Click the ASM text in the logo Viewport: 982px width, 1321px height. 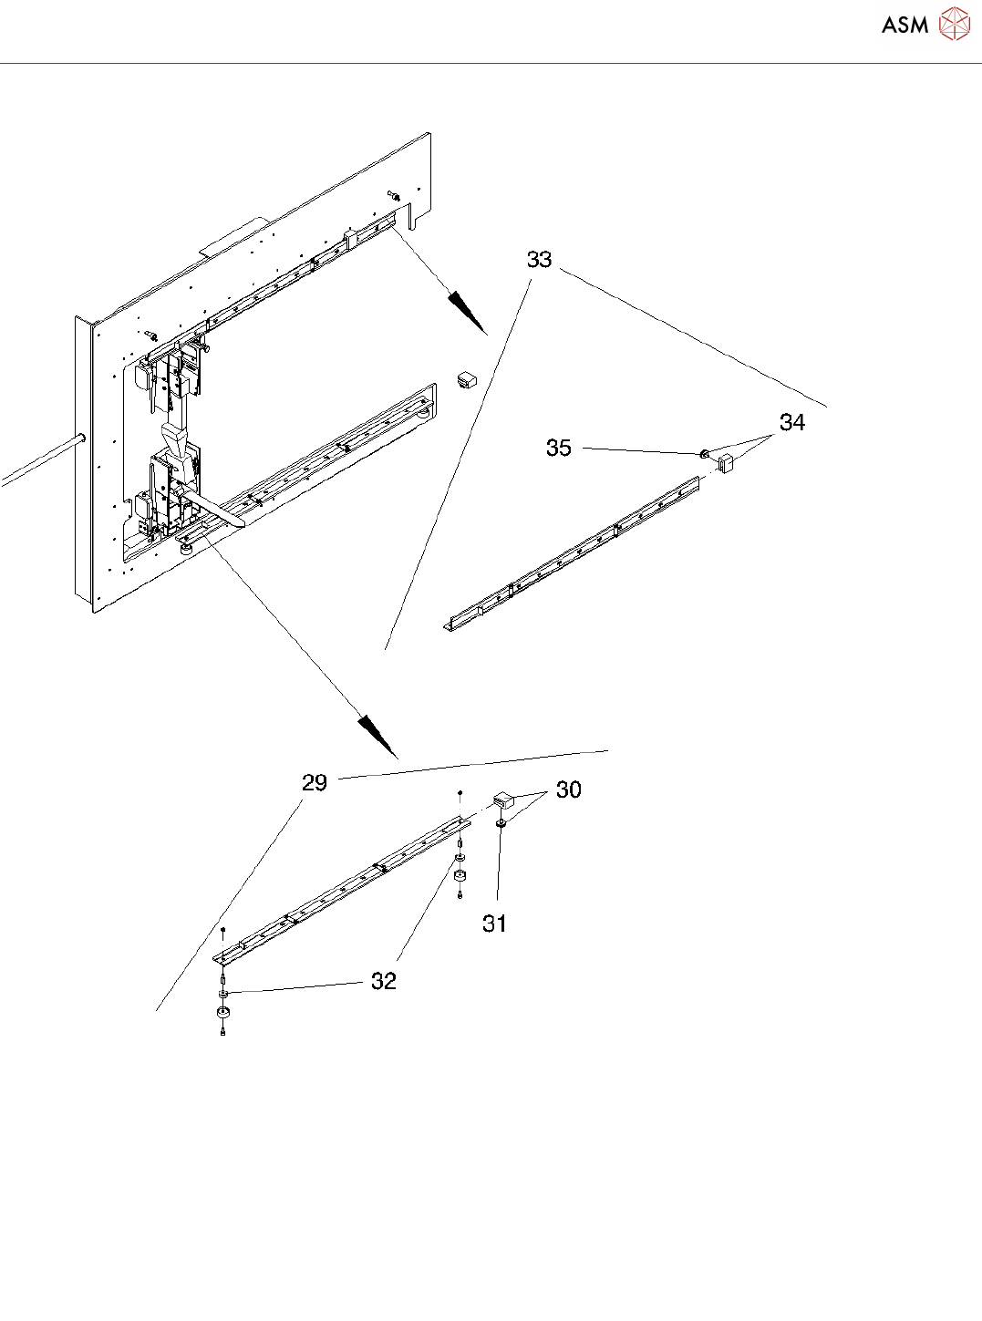[904, 25]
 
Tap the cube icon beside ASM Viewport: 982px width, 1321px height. [954, 25]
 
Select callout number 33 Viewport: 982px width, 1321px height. [539, 260]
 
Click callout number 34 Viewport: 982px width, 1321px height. [791, 422]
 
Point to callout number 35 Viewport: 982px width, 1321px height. [558, 448]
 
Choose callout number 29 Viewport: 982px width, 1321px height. [314, 783]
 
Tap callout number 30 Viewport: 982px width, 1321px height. [568, 790]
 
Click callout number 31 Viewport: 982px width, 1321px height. [494, 924]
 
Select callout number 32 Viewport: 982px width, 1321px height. [383, 981]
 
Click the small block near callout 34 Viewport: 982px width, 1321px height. [726, 463]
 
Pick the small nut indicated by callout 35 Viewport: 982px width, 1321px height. [704, 454]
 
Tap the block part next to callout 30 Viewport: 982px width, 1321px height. [504, 800]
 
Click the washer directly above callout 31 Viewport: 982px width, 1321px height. [501, 823]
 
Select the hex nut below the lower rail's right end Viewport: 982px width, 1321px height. [460, 876]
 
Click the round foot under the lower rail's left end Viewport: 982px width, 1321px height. [222, 1013]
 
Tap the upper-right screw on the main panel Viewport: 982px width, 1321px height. [393, 194]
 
